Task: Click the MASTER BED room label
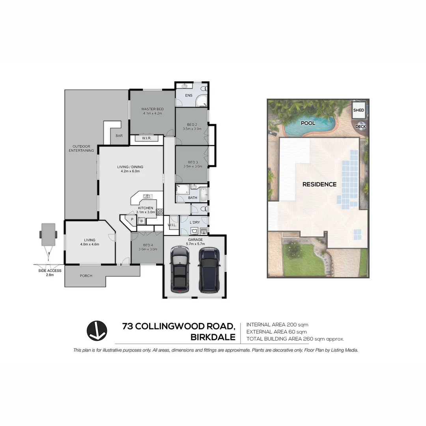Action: pyautogui.click(x=153, y=109)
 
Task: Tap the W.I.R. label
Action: pyautogui.click(x=146, y=138)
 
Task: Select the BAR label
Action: pyautogui.click(x=119, y=136)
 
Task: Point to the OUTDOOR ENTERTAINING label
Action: pyautogui.click(x=81, y=148)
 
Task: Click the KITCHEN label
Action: pyautogui.click(x=145, y=208)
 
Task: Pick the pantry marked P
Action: pyautogui.click(x=127, y=219)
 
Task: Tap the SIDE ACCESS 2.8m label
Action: pyautogui.click(x=50, y=273)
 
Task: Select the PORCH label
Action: pyautogui.click(x=86, y=276)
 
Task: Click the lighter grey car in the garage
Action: pyautogui.click(x=179, y=270)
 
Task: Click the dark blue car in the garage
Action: pyautogui.click(x=208, y=270)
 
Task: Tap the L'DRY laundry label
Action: pyautogui.click(x=194, y=222)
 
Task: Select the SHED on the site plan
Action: pyautogui.click(x=359, y=110)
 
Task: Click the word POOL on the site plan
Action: pyautogui.click(x=308, y=123)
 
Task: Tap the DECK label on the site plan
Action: pyautogui.click(x=361, y=127)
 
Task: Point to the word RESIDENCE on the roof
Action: pyautogui.click(x=319, y=184)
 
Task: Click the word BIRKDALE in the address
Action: pyautogui.click(x=213, y=337)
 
